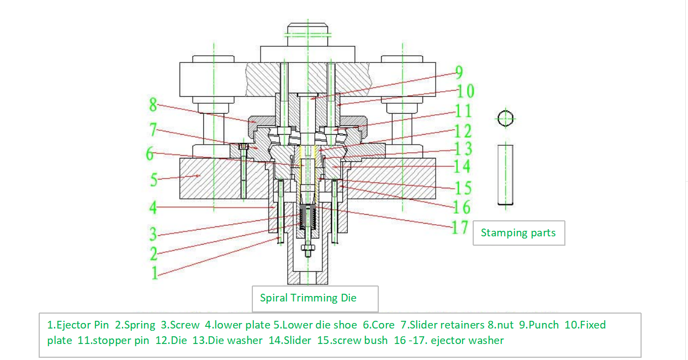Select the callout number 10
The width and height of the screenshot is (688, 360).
(465, 91)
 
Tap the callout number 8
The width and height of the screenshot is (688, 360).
(153, 104)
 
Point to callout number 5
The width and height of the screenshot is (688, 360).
(154, 179)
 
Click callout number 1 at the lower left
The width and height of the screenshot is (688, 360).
(155, 272)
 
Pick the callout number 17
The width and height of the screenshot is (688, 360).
(460, 227)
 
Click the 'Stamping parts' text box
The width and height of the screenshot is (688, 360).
(518, 233)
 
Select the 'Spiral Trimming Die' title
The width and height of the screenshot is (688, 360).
(308, 298)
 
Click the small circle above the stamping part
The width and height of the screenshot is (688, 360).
(505, 118)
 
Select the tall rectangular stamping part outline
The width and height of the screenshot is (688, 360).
(505, 174)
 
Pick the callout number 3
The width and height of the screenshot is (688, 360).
(154, 234)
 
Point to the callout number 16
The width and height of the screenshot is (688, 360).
(461, 207)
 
